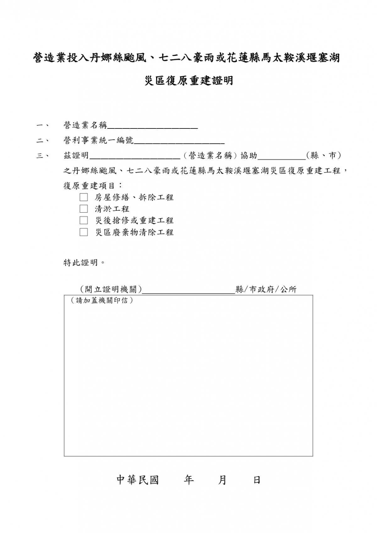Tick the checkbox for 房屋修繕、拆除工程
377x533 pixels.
point(84,197)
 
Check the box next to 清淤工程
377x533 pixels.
point(84,209)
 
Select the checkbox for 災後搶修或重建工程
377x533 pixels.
point(84,220)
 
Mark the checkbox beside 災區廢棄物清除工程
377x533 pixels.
point(84,232)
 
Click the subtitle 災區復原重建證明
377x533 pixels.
point(188,81)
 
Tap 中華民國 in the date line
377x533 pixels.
point(138,480)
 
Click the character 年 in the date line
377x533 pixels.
point(189,480)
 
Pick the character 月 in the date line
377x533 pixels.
point(222,480)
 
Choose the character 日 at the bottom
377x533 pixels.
point(257,480)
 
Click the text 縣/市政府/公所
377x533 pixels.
point(266,290)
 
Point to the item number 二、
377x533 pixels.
point(42,141)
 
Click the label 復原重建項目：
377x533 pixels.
point(93,186)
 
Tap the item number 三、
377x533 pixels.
point(42,156)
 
